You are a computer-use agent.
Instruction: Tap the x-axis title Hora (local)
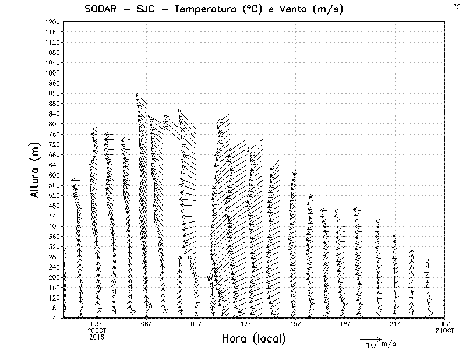coord(253,338)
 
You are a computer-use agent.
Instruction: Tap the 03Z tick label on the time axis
coord(97,324)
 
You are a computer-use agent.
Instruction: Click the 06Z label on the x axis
coord(147,324)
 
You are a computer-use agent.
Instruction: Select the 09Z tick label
coord(196,324)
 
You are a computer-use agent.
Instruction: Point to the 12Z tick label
coord(246,324)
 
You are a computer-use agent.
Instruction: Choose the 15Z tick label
coord(296,324)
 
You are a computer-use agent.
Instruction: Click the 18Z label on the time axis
coord(345,324)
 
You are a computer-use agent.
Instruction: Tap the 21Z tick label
coord(395,324)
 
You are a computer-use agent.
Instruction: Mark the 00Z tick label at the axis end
coord(445,324)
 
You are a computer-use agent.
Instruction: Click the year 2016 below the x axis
coord(97,336)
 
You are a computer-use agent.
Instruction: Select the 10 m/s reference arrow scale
coord(370,339)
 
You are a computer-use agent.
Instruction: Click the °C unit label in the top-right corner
coord(456,6)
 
